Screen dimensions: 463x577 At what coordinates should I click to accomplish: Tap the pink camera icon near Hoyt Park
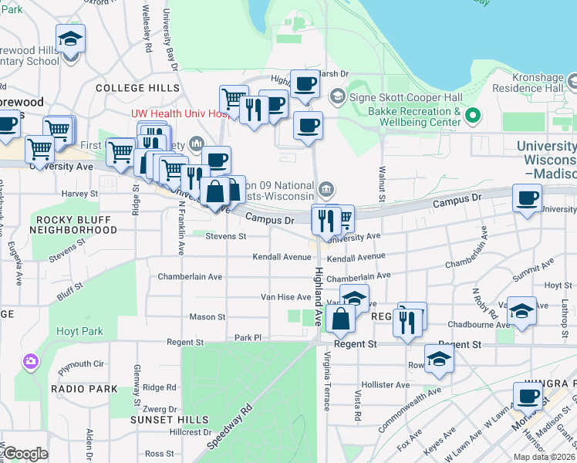click(31, 360)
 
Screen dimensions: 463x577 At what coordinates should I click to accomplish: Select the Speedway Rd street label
click(230, 426)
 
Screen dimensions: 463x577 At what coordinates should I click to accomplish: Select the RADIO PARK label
click(84, 388)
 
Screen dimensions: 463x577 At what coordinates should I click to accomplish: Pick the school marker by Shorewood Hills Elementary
click(71, 40)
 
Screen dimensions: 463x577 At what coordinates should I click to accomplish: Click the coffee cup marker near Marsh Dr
click(305, 84)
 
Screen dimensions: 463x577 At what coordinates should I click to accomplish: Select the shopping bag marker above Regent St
click(339, 319)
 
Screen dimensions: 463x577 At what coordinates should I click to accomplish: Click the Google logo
click(26, 454)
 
